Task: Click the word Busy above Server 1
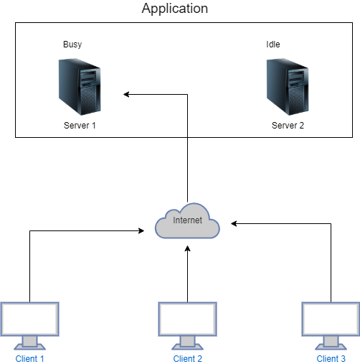coord(72,45)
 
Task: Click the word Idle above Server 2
coord(273,45)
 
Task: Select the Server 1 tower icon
coord(79,88)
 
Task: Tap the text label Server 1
coord(79,125)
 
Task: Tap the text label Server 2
coord(288,125)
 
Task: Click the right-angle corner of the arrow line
coord(187,94)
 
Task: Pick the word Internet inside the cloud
coord(187,220)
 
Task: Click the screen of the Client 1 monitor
coord(29,318)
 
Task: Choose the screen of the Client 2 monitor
coord(187,318)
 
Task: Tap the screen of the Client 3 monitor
coord(330,318)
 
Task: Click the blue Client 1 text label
coord(30,358)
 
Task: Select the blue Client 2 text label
coord(188,358)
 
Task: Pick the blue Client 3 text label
coord(331,358)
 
